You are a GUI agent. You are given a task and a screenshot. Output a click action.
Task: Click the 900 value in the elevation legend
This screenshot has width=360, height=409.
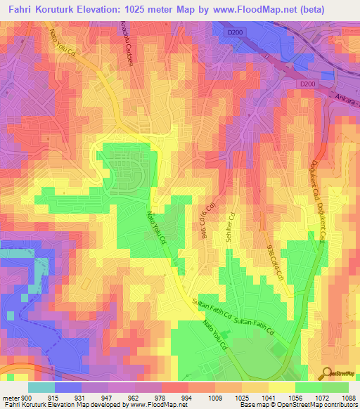click(x=25, y=397)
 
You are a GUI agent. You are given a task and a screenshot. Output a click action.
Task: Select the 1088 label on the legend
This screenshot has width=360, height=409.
click(x=340, y=397)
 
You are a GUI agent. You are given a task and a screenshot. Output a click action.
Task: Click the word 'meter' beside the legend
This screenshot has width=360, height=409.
click(x=9, y=397)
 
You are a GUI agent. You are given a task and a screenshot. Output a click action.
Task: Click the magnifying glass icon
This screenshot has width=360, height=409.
click(x=327, y=373)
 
